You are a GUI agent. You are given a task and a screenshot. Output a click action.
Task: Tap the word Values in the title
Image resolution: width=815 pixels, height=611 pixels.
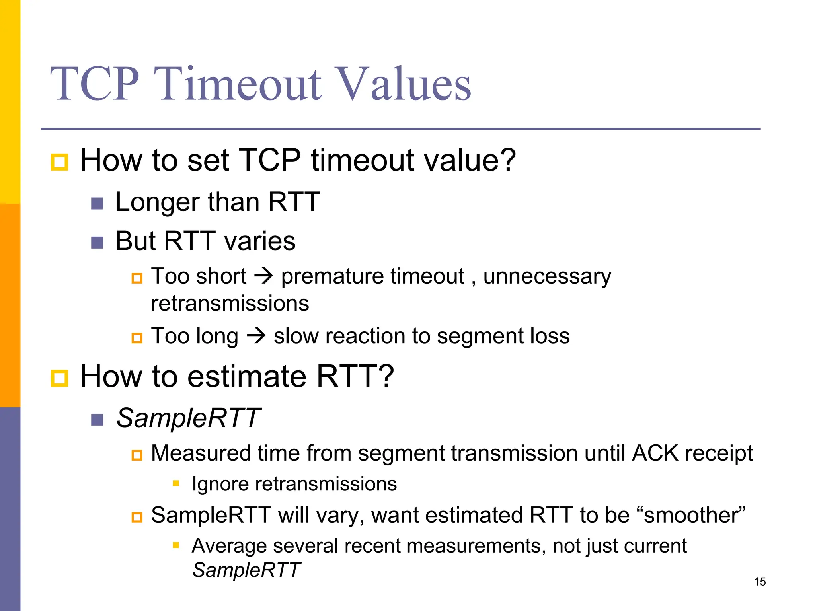click(x=402, y=84)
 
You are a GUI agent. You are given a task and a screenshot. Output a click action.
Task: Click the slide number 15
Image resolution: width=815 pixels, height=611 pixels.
click(x=760, y=582)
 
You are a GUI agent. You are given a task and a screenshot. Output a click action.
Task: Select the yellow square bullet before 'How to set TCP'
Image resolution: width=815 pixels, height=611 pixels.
click(x=59, y=162)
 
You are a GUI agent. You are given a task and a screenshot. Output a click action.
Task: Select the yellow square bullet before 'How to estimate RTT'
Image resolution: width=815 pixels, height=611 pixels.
click(x=59, y=378)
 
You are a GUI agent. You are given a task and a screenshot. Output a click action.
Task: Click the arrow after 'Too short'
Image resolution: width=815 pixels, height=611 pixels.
click(x=263, y=276)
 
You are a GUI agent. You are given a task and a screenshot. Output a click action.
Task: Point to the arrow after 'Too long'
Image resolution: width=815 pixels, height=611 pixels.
click(x=256, y=335)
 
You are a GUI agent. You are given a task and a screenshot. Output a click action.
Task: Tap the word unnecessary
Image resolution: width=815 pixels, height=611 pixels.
click(x=547, y=277)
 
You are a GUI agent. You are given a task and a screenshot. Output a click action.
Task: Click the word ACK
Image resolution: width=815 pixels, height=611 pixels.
click(x=655, y=453)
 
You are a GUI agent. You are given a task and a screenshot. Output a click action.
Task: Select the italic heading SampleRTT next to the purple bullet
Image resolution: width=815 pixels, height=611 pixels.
click(x=188, y=418)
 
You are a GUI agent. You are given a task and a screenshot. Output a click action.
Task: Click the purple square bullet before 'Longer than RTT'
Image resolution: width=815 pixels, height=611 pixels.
click(x=97, y=204)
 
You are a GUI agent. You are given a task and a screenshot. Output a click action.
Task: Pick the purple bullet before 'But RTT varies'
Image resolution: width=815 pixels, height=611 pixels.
click(x=97, y=242)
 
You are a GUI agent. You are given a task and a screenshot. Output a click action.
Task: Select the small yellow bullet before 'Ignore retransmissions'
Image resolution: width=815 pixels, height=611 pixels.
click(x=176, y=483)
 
